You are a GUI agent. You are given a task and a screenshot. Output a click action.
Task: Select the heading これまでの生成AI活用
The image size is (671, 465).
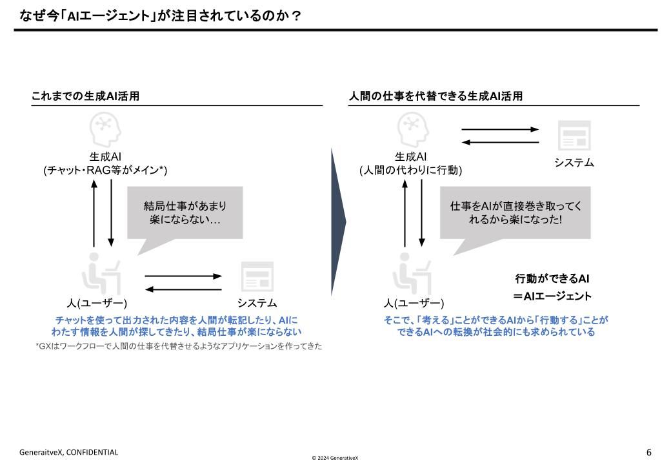pyautogui.click(x=85, y=96)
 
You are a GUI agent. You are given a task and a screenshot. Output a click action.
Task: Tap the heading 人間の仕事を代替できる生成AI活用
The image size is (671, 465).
pyautogui.click(x=436, y=96)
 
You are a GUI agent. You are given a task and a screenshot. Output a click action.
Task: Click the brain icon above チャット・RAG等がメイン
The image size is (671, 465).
pyautogui.click(x=105, y=129)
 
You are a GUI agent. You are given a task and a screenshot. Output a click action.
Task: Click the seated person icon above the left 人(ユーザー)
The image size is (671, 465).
pyautogui.click(x=101, y=274)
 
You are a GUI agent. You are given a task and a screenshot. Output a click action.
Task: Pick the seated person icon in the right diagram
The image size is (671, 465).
pyautogui.click(x=412, y=274)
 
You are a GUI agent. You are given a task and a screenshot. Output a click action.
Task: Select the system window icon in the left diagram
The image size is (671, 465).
pyautogui.click(x=257, y=276)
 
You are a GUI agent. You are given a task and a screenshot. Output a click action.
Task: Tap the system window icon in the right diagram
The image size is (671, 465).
pyautogui.click(x=574, y=136)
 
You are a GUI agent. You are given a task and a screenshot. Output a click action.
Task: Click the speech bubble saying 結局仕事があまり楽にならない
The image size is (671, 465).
pyautogui.click(x=185, y=213)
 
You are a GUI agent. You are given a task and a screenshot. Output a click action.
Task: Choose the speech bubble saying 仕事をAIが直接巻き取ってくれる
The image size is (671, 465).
pyautogui.click(x=515, y=213)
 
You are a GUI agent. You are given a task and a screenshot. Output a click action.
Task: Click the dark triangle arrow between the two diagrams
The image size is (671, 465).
pyautogui.click(x=338, y=223)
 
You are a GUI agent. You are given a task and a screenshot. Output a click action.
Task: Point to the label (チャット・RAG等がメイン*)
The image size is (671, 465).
pyautogui.click(x=105, y=170)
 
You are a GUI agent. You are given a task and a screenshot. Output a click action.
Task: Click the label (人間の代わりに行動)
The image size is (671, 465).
pyautogui.click(x=411, y=170)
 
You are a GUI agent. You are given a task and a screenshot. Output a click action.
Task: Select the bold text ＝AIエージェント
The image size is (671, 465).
pyautogui.click(x=552, y=296)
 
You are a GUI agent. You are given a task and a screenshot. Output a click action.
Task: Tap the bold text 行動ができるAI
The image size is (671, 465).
pyautogui.click(x=552, y=279)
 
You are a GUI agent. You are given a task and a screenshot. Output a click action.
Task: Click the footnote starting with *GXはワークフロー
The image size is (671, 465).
pyautogui.click(x=179, y=347)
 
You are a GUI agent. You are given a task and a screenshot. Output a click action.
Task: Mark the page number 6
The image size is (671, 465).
pyautogui.click(x=648, y=452)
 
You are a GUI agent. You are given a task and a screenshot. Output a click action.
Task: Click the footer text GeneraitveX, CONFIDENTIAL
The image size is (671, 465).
pyautogui.click(x=68, y=452)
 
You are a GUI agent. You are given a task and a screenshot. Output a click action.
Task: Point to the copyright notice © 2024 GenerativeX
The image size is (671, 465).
pyautogui.click(x=334, y=458)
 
